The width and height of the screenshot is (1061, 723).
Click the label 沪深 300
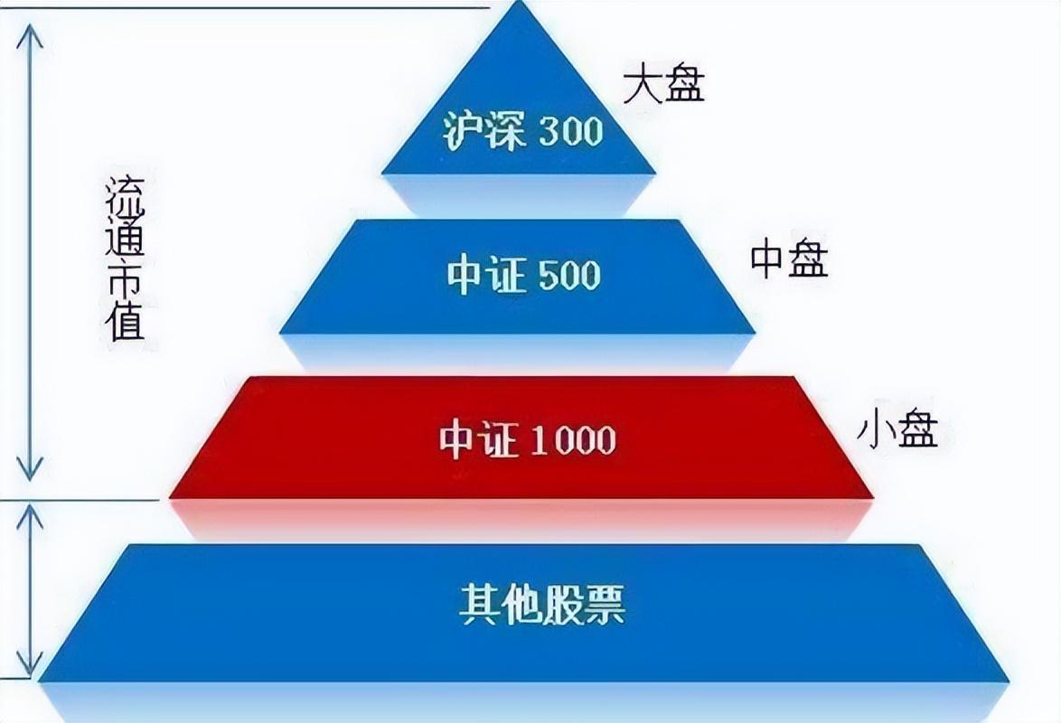click(x=522, y=130)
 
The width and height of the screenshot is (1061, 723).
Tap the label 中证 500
click(x=523, y=276)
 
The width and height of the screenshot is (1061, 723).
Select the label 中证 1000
click(x=527, y=440)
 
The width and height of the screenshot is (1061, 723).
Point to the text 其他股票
click(x=542, y=604)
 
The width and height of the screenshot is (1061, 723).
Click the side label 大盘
click(x=663, y=84)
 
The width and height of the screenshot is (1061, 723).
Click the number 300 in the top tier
click(x=571, y=131)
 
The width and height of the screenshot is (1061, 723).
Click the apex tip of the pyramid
click(x=519, y=2)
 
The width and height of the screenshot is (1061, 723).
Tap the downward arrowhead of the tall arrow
click(x=30, y=470)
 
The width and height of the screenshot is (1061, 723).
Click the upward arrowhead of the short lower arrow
click(x=30, y=516)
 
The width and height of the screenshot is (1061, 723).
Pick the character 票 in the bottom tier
click(x=605, y=604)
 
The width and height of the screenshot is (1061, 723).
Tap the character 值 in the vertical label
click(x=126, y=320)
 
